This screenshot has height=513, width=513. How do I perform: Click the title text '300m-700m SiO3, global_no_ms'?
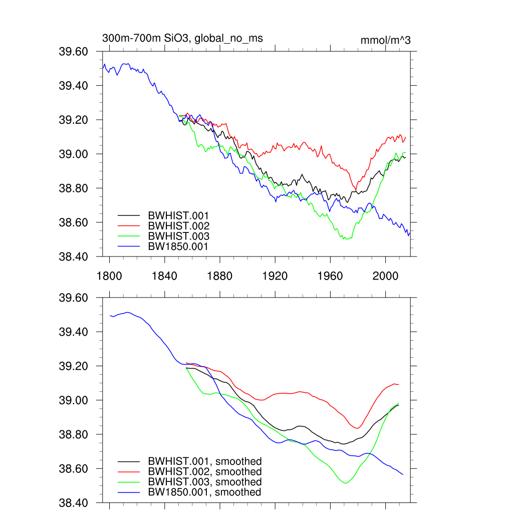[x=182, y=38]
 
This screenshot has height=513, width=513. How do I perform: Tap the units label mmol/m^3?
[x=385, y=41]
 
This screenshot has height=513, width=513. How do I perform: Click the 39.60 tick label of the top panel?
[x=74, y=52]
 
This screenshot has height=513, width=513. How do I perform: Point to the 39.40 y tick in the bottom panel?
[x=74, y=332]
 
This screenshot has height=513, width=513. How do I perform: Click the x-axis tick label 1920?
[x=275, y=276]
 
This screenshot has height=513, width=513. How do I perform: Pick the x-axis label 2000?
[x=385, y=276]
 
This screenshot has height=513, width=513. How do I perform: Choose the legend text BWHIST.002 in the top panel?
[x=178, y=226]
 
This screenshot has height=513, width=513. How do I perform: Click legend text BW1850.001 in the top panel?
[x=178, y=246]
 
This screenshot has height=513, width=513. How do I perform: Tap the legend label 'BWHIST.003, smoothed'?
[x=204, y=482]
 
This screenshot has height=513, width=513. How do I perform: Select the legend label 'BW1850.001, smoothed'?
[x=204, y=492]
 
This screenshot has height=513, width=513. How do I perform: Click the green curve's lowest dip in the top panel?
[x=345, y=239]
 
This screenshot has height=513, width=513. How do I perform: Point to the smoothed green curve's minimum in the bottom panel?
[x=346, y=483]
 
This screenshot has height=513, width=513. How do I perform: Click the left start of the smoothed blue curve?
[x=110, y=315]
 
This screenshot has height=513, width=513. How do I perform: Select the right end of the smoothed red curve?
[x=398, y=384]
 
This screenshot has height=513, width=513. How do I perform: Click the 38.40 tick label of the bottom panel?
[x=74, y=503]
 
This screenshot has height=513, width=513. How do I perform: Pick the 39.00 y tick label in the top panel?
[x=74, y=154]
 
